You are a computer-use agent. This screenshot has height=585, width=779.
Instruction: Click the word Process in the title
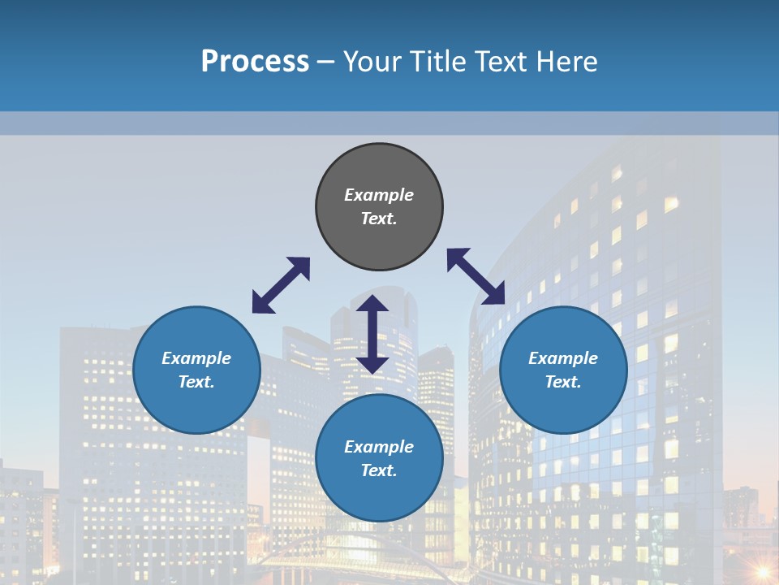pos(255,62)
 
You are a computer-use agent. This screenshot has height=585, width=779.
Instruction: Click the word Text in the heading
pos(501,62)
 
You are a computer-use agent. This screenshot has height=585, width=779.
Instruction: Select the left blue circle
pos(196,406)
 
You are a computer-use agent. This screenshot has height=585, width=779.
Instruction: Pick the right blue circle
pos(563,406)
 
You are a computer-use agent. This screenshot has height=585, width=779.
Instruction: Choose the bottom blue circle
pos(379,496)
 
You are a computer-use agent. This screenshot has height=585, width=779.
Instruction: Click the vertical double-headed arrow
pos(372,334)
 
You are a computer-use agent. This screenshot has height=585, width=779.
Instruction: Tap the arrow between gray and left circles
pos(281,285)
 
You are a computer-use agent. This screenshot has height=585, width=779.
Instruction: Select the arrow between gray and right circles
pos(476,276)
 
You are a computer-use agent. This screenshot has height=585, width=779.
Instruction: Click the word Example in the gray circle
pos(379,195)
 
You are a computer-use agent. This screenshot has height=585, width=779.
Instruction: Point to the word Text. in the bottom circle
pos(379,470)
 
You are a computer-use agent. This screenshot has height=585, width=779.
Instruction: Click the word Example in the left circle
pos(196,358)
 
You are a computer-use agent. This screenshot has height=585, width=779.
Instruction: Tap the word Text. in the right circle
pos(563,382)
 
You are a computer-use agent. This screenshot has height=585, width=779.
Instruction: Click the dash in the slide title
pos(325,62)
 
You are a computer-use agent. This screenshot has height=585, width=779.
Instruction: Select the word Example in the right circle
pos(563,358)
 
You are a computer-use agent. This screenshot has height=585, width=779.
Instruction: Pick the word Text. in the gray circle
pos(379,219)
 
